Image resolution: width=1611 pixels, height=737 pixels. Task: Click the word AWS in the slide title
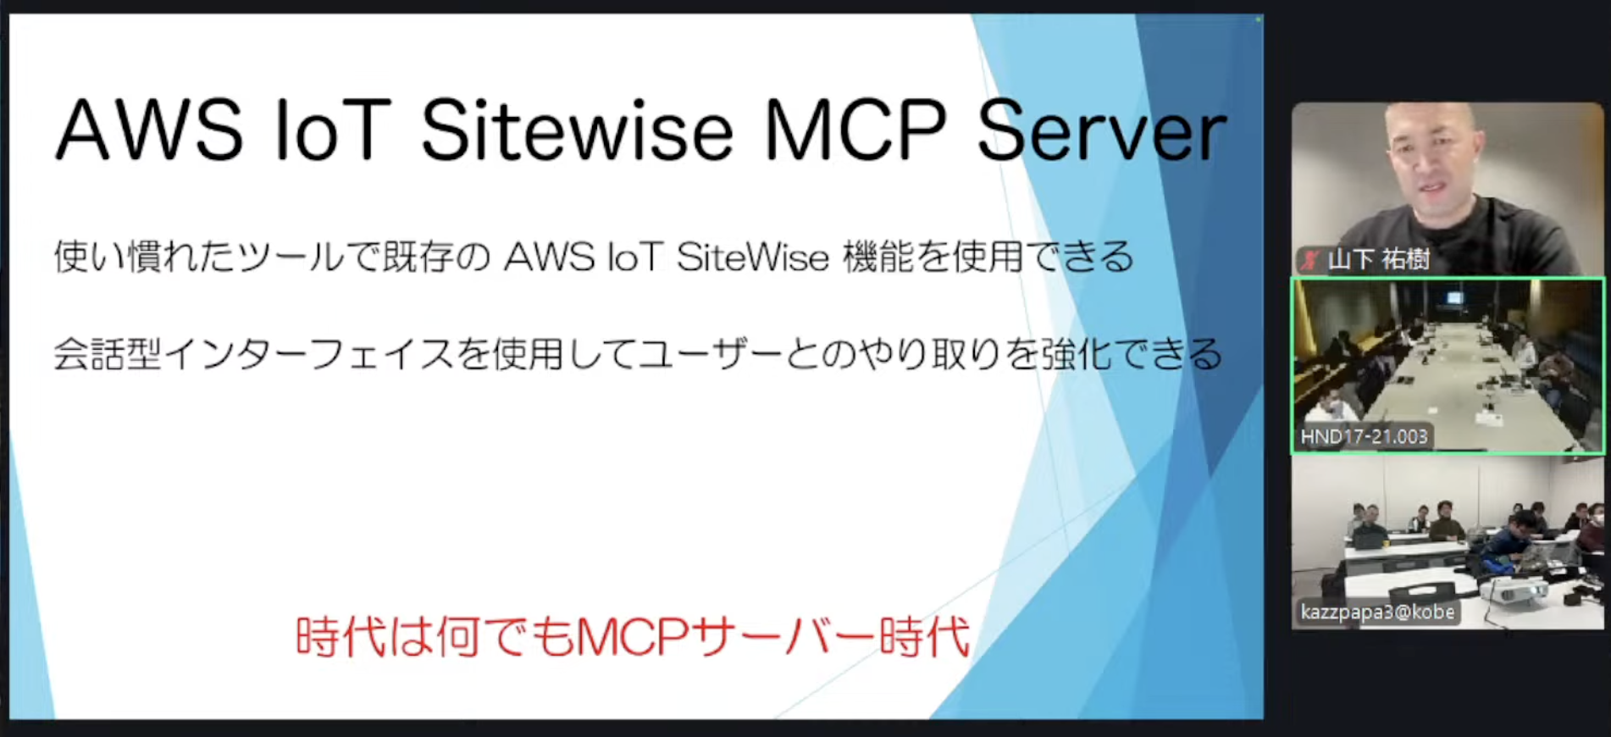click(150, 130)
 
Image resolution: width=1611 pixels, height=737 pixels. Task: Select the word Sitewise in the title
click(577, 130)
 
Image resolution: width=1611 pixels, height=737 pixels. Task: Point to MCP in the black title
click(855, 130)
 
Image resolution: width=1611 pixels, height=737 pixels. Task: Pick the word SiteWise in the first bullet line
click(752, 258)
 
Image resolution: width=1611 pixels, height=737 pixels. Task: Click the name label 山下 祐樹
click(1378, 259)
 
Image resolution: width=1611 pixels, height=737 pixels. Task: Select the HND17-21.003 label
click(1364, 436)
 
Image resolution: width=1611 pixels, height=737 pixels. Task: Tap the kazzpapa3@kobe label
click(1377, 612)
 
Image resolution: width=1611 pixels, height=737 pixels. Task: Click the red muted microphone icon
click(1312, 259)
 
